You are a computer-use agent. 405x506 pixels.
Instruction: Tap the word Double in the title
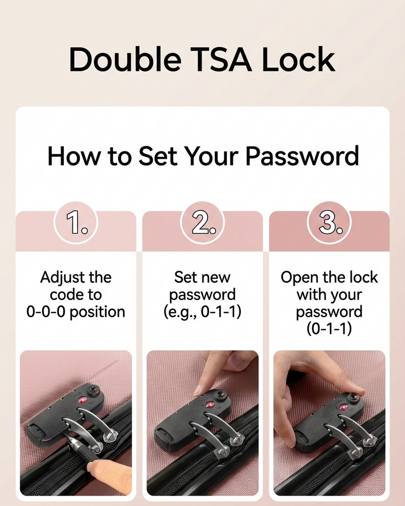125,59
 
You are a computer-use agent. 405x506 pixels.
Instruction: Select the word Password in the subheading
302,156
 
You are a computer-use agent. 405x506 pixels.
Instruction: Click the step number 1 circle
76,223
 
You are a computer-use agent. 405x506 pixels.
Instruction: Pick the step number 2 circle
202,223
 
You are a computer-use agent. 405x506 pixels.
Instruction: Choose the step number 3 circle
329,223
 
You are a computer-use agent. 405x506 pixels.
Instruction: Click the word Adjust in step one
60,277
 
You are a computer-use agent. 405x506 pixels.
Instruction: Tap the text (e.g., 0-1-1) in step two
202,312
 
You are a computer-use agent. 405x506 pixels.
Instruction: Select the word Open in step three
295,277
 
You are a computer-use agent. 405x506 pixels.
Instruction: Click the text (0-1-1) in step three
329,329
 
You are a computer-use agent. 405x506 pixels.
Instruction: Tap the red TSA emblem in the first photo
83,400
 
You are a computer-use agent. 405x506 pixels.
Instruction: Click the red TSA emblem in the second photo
211,405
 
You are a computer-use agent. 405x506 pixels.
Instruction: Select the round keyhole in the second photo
221,395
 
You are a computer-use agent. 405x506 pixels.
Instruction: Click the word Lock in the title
298,59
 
